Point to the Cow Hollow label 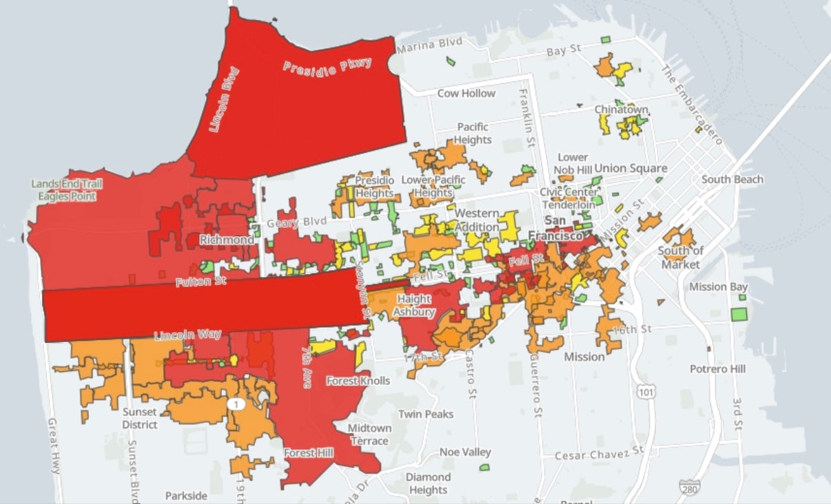(x=466, y=93)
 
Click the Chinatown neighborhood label (x=621, y=110)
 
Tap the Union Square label (x=630, y=168)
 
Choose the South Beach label (x=732, y=180)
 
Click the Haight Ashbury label (x=413, y=305)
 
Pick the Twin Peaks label (x=426, y=414)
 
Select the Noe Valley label (x=466, y=452)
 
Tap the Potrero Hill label (x=717, y=369)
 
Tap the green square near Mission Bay (x=739, y=315)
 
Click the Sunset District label (x=140, y=418)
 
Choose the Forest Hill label (x=309, y=453)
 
